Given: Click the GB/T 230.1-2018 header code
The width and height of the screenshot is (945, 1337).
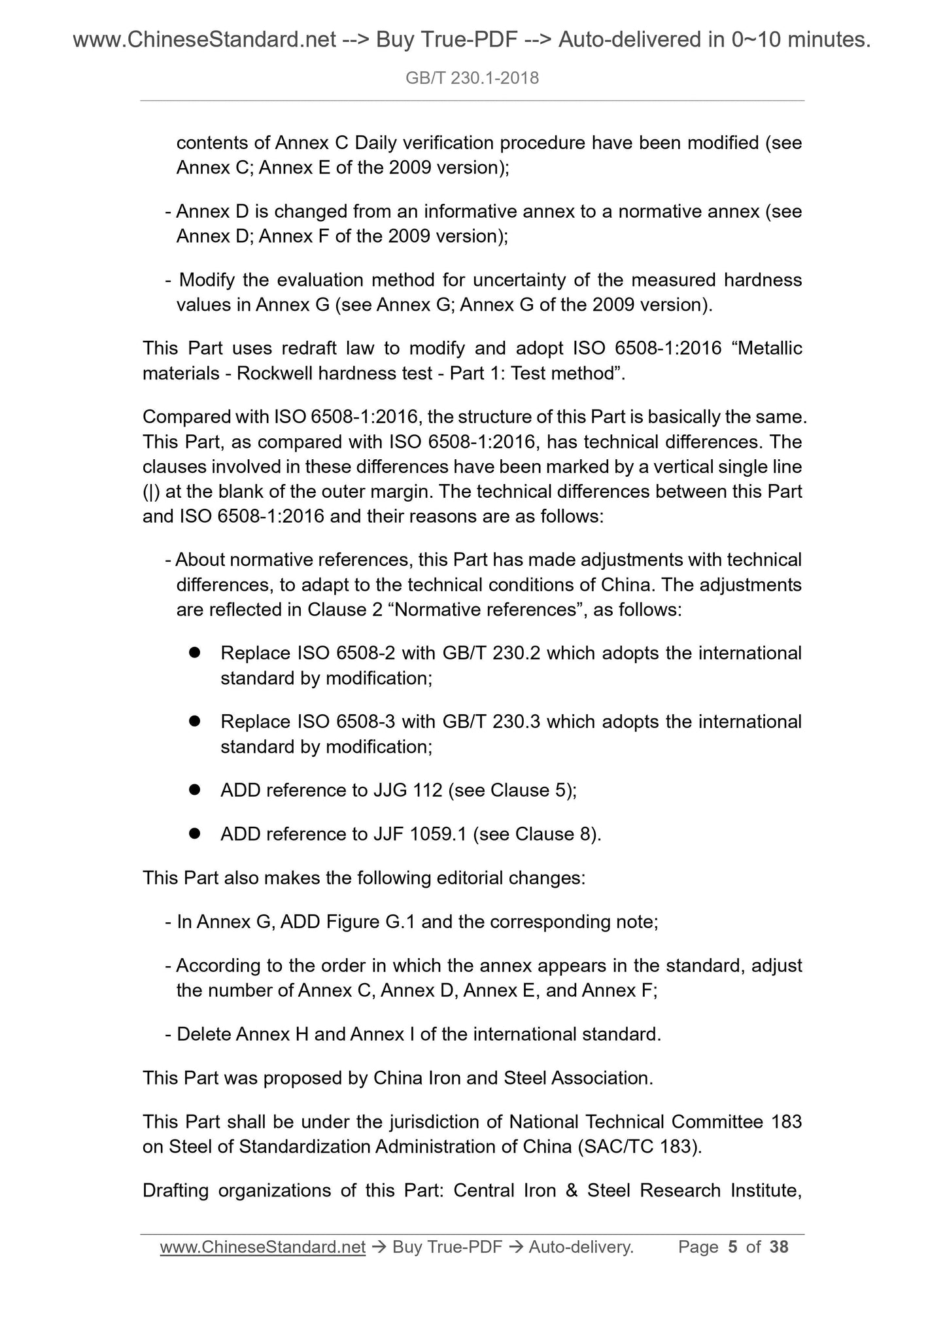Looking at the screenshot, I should (x=472, y=78).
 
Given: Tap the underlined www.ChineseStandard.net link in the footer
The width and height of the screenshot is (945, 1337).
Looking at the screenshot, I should (x=262, y=1247).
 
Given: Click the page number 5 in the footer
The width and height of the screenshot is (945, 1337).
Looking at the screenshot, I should (x=732, y=1247).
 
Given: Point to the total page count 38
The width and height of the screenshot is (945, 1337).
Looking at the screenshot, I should (x=779, y=1247).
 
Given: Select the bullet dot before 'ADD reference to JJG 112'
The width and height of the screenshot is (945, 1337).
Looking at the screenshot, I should (x=194, y=790).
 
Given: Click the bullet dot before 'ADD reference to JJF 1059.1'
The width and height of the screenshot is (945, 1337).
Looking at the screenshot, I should (x=194, y=834).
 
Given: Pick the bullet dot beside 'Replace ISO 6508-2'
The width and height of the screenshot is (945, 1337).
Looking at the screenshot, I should (x=194, y=653).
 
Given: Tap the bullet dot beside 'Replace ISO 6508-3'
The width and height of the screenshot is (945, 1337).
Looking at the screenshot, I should (x=194, y=721).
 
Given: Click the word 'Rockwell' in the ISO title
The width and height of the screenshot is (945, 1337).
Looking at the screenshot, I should (x=274, y=373).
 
